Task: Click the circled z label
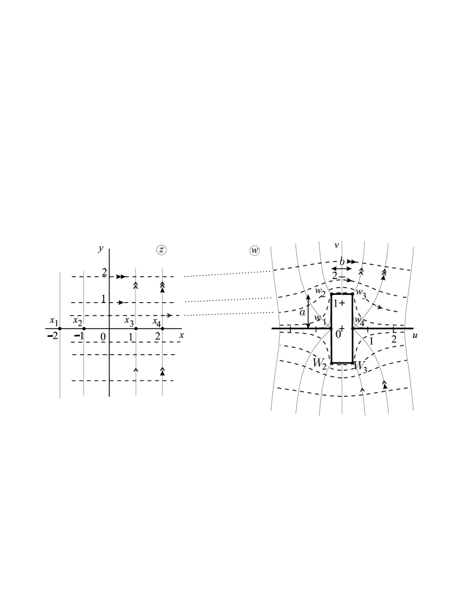click(x=161, y=250)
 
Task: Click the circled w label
click(x=254, y=250)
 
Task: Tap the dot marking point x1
click(x=60, y=329)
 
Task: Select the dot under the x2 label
click(x=84, y=329)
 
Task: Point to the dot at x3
click(x=136, y=329)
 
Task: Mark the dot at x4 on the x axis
click(x=162, y=329)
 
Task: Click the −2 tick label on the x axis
click(x=55, y=337)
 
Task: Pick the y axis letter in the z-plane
click(x=100, y=249)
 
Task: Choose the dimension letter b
click(x=342, y=261)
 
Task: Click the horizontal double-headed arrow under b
click(x=342, y=269)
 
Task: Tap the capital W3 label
click(x=361, y=367)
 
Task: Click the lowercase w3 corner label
click(x=361, y=294)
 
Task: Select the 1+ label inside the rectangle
click(x=339, y=302)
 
